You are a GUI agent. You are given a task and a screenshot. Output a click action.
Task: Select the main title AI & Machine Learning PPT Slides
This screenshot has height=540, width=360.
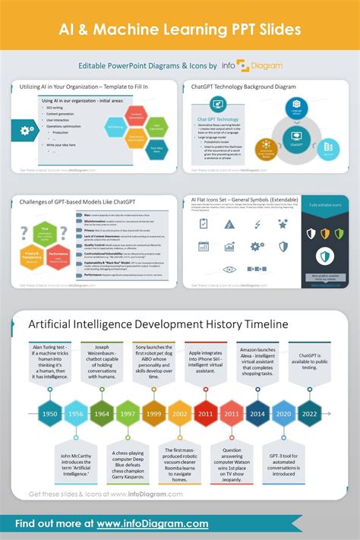tap(179, 28)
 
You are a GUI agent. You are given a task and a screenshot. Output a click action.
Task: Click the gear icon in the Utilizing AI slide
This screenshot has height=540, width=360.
tap(27, 131)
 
